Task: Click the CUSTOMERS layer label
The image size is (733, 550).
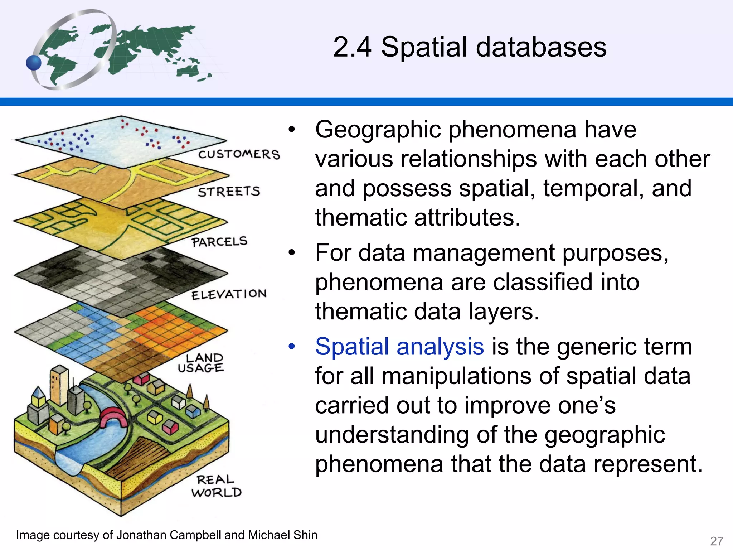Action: pyautogui.click(x=239, y=154)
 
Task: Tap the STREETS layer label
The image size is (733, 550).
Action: pyautogui.click(x=229, y=192)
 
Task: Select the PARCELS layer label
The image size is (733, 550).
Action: pyautogui.click(x=219, y=242)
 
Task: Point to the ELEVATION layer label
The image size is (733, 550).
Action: pyautogui.click(x=229, y=294)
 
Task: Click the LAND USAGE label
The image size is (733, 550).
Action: pyautogui.click(x=201, y=363)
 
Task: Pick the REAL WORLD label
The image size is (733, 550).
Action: pyautogui.click(x=216, y=486)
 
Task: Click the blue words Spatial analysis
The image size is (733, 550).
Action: pyautogui.click(x=399, y=347)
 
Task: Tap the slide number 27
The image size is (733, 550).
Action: pyautogui.click(x=717, y=541)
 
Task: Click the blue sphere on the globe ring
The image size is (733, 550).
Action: pyautogui.click(x=34, y=63)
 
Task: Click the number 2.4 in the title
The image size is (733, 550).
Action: pyautogui.click(x=352, y=47)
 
